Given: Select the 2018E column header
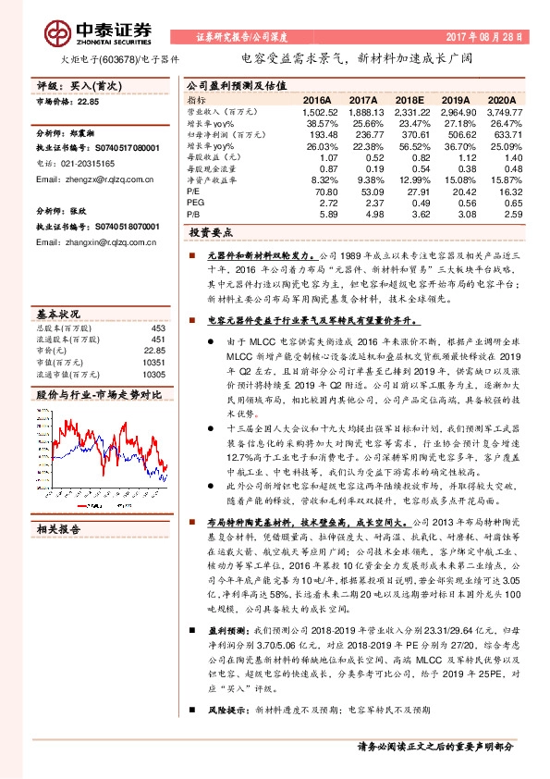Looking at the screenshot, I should click(x=409, y=99).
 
